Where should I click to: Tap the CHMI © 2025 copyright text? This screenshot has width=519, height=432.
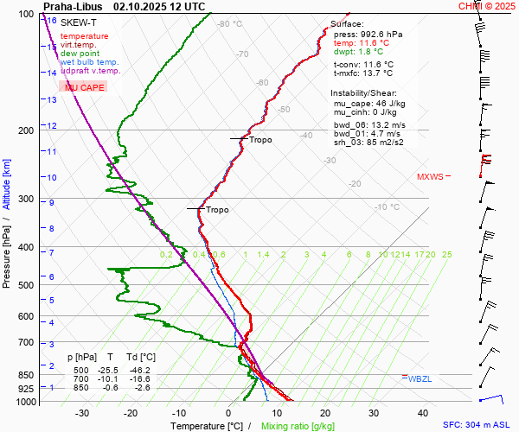487,6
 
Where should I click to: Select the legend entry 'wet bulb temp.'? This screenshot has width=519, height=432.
89,62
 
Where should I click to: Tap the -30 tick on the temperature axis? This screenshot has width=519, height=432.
82,413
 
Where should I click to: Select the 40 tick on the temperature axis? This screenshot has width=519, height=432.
375,413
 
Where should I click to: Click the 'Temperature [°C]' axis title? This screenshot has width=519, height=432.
208,426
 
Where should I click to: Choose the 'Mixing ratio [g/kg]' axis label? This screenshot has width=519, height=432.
298,426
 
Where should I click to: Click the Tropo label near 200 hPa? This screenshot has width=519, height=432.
259,140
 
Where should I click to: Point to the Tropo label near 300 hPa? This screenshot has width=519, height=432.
217,210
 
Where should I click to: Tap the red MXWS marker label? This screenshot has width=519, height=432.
429,176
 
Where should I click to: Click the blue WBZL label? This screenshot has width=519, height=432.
420,378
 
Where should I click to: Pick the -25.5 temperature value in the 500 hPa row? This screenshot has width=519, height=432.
110,370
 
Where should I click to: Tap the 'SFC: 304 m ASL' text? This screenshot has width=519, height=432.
477,425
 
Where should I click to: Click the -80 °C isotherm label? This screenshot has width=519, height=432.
230,24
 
